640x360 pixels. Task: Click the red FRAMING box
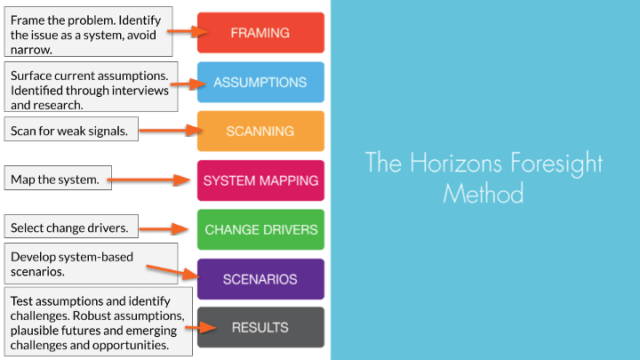click(x=260, y=33)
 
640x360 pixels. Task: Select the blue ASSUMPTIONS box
click(x=260, y=82)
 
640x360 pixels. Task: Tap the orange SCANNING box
click(x=260, y=131)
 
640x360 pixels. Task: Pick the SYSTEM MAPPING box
click(x=260, y=180)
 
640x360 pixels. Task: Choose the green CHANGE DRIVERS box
click(x=260, y=229)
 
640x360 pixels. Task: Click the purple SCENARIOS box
click(x=260, y=279)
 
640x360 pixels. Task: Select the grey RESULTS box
click(x=260, y=327)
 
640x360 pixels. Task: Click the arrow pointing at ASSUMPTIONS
click(x=189, y=84)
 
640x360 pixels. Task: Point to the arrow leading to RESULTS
click(x=201, y=328)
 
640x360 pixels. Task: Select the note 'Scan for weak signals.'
click(x=70, y=131)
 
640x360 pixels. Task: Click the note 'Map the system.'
click(x=54, y=180)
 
